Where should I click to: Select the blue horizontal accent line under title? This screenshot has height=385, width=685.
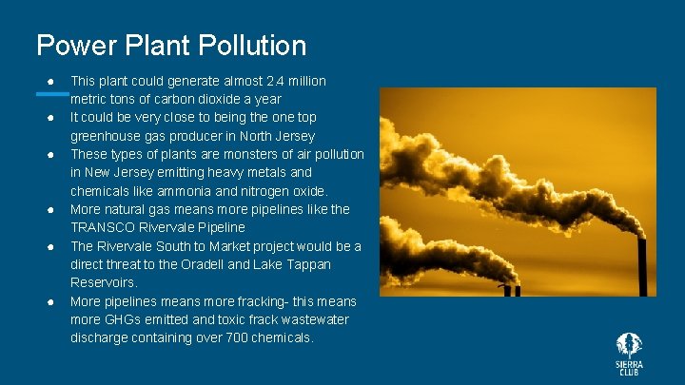tap(52, 93)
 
